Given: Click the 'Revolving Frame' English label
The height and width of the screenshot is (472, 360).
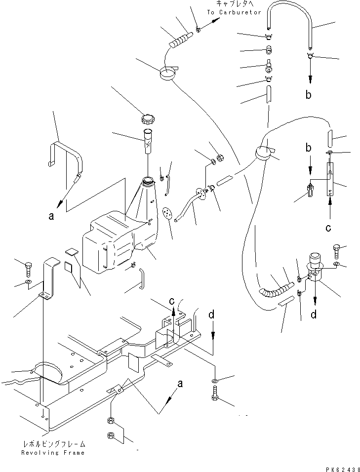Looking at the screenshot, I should pyautogui.click(x=53, y=452).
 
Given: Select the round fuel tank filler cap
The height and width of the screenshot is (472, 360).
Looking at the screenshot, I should pyautogui.click(x=148, y=119).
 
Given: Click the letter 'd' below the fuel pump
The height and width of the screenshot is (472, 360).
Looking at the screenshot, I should pyautogui.click(x=314, y=314).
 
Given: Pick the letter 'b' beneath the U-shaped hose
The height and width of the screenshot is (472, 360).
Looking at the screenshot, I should pyautogui.click(x=309, y=95).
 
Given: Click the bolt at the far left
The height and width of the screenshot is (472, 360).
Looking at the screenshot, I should pyautogui.click(x=28, y=268).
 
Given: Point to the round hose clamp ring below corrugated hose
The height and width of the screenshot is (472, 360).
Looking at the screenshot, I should pyautogui.click(x=168, y=75).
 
